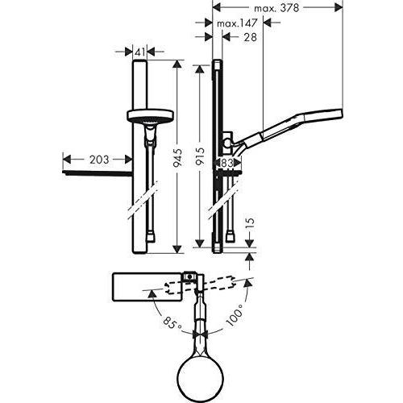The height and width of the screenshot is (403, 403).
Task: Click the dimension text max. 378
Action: click(x=275, y=8)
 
